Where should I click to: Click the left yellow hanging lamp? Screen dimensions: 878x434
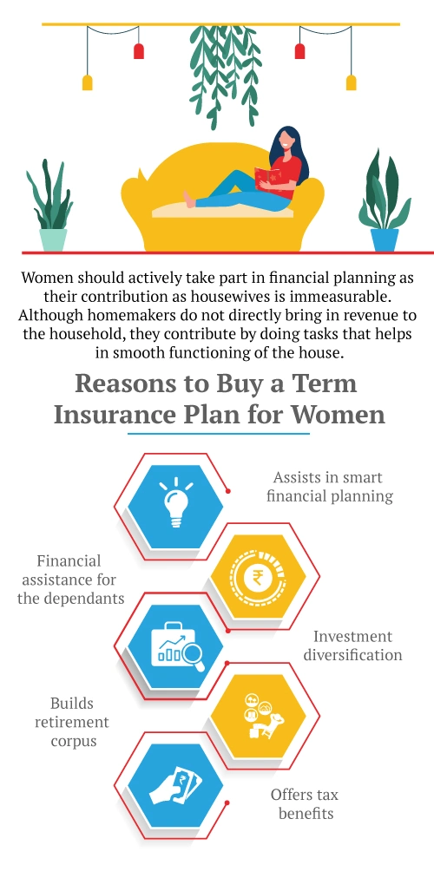click(87, 82)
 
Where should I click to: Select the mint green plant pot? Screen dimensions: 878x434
click(53, 239)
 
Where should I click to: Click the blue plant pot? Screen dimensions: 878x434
click(385, 238)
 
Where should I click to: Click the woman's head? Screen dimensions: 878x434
click(286, 141)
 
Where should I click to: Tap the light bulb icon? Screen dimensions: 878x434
click(176, 498)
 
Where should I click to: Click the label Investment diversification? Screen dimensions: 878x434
click(352, 645)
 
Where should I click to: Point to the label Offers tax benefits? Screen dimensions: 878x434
click(305, 804)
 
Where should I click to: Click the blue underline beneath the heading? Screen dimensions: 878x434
click(218, 433)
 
